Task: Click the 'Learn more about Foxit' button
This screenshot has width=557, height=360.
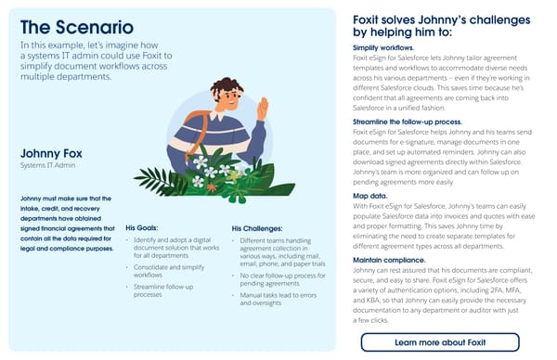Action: [x=439, y=342]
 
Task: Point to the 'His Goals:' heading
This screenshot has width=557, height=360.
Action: [x=147, y=226]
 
